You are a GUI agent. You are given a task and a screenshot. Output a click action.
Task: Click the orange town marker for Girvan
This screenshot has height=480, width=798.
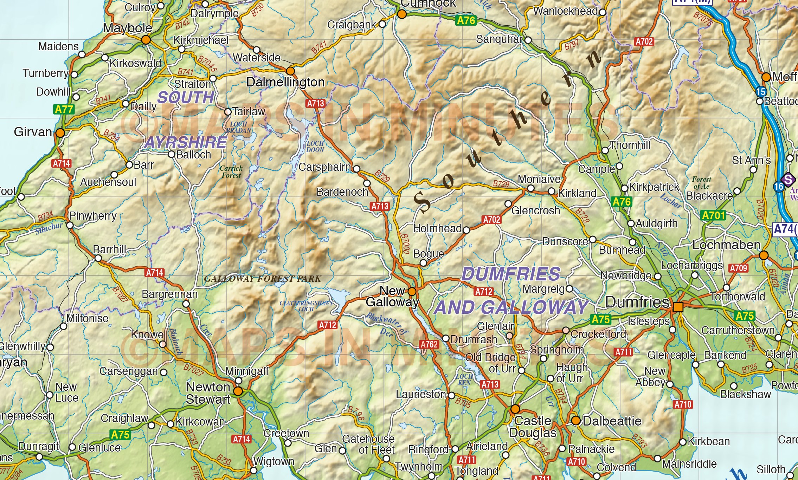[x=60, y=133]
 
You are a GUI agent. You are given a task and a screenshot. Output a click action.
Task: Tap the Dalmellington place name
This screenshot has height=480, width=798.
[x=285, y=82]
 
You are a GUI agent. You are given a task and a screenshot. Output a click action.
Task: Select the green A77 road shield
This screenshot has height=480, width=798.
[x=64, y=109]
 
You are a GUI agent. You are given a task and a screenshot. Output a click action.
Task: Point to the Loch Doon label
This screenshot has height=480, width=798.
[x=315, y=147]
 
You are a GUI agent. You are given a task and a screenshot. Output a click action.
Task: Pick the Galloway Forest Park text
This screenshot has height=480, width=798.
[x=262, y=279]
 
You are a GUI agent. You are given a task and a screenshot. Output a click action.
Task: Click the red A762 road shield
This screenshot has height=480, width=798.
[x=429, y=344]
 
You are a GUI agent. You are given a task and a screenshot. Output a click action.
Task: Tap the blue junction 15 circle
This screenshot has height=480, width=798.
[x=761, y=92]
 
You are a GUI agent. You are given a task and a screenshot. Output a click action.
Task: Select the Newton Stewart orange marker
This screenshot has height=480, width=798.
[x=238, y=391]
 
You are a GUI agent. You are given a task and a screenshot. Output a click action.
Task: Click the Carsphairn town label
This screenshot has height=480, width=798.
[x=324, y=167]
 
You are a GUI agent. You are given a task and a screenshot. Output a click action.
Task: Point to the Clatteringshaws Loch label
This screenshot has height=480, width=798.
[x=306, y=306]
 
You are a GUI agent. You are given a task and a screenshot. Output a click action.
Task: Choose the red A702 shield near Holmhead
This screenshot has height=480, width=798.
[x=491, y=220]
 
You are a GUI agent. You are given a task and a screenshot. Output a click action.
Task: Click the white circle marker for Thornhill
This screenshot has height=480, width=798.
[x=605, y=150]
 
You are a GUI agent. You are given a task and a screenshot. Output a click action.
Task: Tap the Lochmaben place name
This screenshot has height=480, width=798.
[x=726, y=245]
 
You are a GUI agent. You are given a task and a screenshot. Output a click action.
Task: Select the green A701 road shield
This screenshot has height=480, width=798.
[x=713, y=215]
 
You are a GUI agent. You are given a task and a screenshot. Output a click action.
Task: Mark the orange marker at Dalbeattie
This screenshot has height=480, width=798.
[x=575, y=421]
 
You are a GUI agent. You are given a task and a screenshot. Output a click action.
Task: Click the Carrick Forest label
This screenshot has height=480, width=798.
[x=231, y=172]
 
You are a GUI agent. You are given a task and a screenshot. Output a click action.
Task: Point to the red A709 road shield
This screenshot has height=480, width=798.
[x=738, y=268]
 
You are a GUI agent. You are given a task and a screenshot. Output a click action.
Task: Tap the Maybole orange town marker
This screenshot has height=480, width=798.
[x=146, y=40]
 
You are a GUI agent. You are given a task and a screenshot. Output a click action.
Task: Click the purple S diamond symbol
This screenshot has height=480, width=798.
[x=788, y=180]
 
